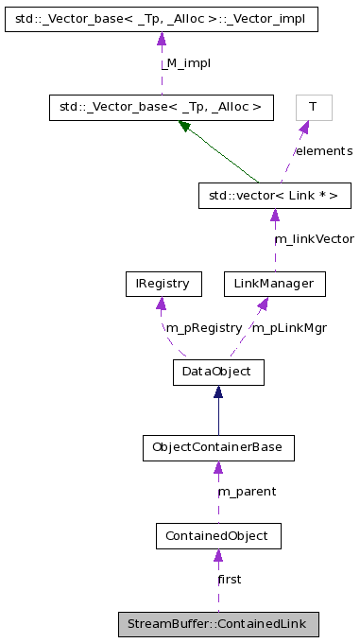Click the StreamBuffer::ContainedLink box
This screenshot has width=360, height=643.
pyautogui.click(x=218, y=624)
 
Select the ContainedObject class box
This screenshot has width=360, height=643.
pyautogui.click(x=218, y=536)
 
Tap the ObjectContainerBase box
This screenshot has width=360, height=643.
pyautogui.click(x=218, y=447)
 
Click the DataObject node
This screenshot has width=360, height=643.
pyautogui.click(x=218, y=372)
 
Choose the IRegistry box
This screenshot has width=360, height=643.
pyautogui.click(x=162, y=283)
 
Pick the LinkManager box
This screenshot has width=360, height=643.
pyautogui.click(x=274, y=283)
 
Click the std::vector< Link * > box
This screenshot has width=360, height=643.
pyautogui.click(x=274, y=196)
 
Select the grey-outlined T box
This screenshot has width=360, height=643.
pyautogui.click(x=313, y=107)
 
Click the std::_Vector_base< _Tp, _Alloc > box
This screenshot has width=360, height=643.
pyautogui.click(x=161, y=107)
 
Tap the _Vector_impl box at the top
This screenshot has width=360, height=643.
pyautogui.click(x=161, y=18)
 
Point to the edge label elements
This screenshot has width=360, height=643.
pyautogui.click(x=322, y=151)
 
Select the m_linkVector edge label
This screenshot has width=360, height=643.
pyautogui.click(x=314, y=239)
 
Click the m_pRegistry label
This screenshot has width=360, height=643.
pyautogui.click(x=203, y=327)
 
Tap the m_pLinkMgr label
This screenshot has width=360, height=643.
pyautogui.click(x=288, y=327)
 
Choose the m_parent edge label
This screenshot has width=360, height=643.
pyautogui.click(x=247, y=492)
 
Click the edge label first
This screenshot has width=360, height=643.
pyautogui.click(x=230, y=579)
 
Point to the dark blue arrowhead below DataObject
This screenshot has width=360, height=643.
pyautogui.click(x=218, y=392)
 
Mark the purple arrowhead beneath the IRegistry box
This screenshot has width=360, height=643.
pyautogui.click(x=163, y=304)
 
